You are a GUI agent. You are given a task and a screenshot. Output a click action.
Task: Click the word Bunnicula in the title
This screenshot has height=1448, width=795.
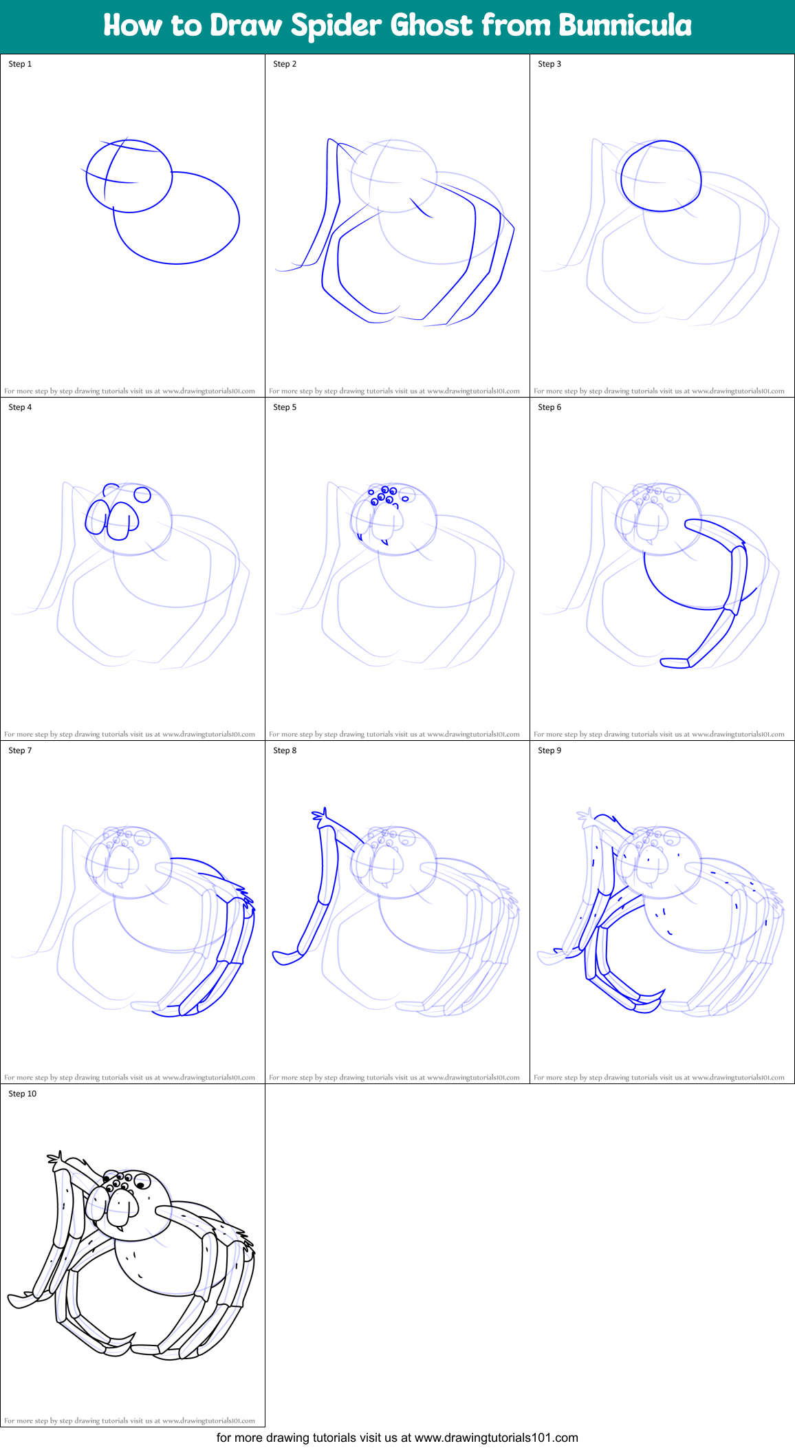click(624, 25)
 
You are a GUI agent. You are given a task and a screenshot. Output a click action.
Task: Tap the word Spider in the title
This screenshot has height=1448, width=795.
click(336, 26)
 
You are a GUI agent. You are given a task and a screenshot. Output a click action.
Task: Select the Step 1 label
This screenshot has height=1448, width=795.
click(20, 64)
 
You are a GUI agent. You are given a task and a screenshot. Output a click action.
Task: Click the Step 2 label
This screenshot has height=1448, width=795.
click(285, 64)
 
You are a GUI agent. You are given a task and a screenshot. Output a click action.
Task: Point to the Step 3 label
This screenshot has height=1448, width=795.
click(549, 64)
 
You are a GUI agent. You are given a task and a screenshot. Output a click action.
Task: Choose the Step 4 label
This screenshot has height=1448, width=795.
click(20, 407)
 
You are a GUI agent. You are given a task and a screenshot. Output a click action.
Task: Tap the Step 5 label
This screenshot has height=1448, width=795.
click(285, 407)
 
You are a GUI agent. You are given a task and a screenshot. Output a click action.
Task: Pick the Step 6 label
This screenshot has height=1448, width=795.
click(549, 407)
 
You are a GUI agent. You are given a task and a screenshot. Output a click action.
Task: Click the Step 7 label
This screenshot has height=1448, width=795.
click(20, 750)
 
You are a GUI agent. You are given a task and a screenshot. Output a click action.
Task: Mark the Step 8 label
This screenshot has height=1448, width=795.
click(285, 750)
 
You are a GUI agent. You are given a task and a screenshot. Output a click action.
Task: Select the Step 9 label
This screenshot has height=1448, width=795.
click(549, 750)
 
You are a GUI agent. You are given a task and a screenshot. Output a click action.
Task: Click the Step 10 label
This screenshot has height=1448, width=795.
click(23, 1094)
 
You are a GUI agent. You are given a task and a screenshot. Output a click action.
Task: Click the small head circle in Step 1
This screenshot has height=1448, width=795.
click(129, 176)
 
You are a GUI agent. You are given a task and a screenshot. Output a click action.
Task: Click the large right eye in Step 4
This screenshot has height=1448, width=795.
click(142, 495)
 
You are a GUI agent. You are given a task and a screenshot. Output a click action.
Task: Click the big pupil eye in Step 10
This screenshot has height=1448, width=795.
click(142, 1182)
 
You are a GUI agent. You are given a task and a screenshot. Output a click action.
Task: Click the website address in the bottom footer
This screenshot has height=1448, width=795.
click(497, 1438)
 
